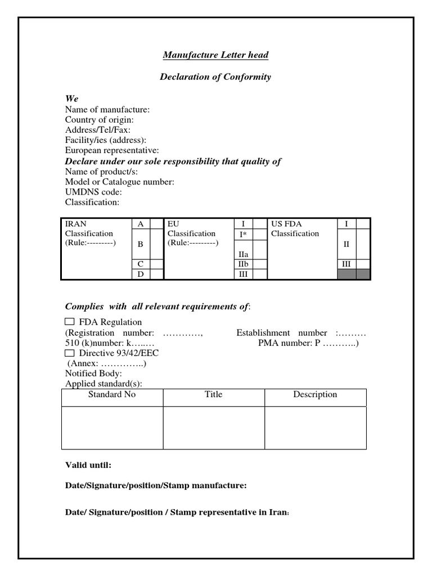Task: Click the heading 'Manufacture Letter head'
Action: pyautogui.click(x=215, y=55)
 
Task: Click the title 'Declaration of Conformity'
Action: pyautogui.click(x=215, y=76)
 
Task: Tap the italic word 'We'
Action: pyautogui.click(x=71, y=98)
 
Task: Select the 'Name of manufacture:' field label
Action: pyautogui.click(x=107, y=110)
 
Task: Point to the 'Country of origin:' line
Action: pyautogui.click(x=100, y=120)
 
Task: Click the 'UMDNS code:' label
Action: pyautogui.click(x=93, y=192)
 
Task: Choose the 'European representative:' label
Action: pyautogui.click(x=112, y=150)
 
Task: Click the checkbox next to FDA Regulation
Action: pyautogui.click(x=70, y=322)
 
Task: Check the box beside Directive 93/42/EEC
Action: pyautogui.click(x=70, y=353)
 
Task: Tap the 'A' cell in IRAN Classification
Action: pyautogui.click(x=141, y=224)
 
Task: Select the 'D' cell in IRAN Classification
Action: pyautogui.click(x=141, y=274)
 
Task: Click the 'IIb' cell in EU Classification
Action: pyautogui.click(x=243, y=264)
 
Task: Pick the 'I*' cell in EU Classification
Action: pyautogui.click(x=243, y=234)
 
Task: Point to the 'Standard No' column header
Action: pyautogui.click(x=112, y=394)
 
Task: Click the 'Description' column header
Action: pyautogui.click(x=315, y=394)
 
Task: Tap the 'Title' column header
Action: pyautogui.click(x=214, y=394)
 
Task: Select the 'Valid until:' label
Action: pyautogui.click(x=88, y=465)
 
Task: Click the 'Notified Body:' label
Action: pyautogui.click(x=93, y=373)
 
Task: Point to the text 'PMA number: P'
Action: pyautogui.click(x=285, y=343)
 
